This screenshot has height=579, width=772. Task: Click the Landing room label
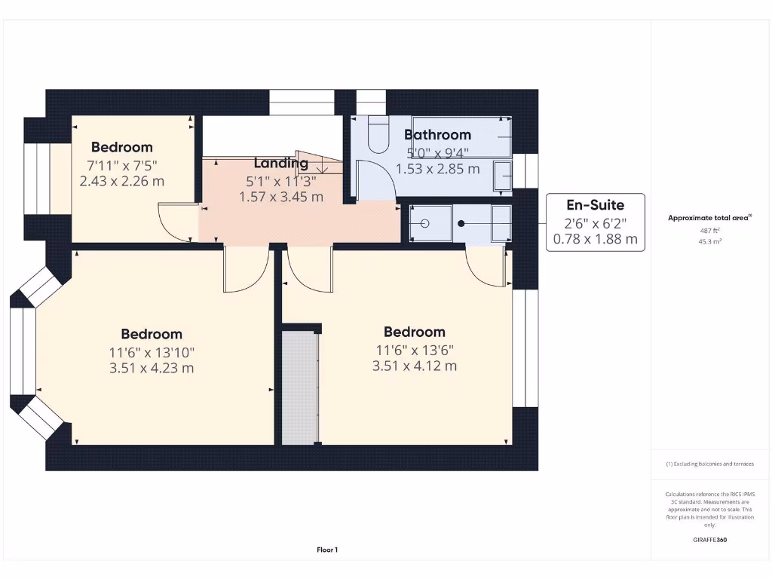coord(280,163)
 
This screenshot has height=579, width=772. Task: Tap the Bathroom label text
coord(437,135)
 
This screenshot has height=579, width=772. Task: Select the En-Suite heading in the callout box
coord(595,204)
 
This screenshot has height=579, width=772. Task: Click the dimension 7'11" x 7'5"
coord(121,164)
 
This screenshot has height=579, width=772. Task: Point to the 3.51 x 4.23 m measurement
coord(152,368)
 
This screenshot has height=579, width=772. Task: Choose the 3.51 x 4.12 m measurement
coord(414,366)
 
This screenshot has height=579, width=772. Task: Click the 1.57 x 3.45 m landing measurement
coord(280,197)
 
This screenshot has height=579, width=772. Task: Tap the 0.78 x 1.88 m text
coord(595,240)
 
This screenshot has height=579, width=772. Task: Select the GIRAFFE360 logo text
coord(709,540)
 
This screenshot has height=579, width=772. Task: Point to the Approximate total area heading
coord(709,218)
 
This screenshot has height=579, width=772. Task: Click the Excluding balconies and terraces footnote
coord(709,464)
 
